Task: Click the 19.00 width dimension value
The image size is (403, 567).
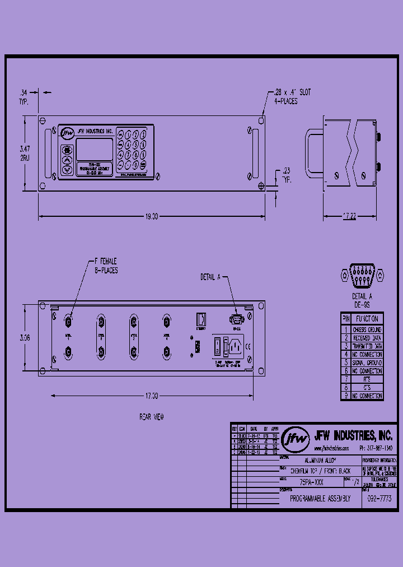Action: pyautogui.click(x=152, y=216)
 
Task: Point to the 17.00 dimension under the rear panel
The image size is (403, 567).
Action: pyautogui.click(x=152, y=396)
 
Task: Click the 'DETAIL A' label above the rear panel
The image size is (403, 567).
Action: pyautogui.click(x=211, y=277)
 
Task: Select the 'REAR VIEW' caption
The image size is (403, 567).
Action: pyautogui.click(x=152, y=417)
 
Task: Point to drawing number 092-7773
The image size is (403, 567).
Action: pyautogui.click(x=379, y=499)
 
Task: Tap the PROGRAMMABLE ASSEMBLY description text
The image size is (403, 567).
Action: pyautogui.click(x=320, y=499)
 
